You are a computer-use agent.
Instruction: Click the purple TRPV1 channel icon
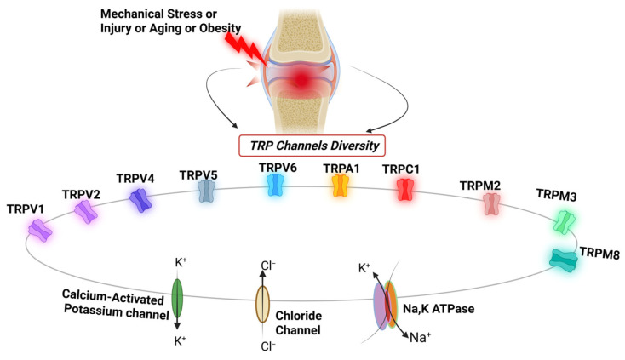pyautogui.click(x=40, y=231)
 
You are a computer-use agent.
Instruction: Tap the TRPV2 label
pyautogui.click(x=81, y=194)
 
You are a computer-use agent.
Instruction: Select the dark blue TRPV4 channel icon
pyautogui.click(x=140, y=200)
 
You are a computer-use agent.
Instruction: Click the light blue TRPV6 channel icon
pyautogui.click(x=275, y=185)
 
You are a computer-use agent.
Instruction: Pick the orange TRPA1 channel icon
pyautogui.click(x=341, y=186)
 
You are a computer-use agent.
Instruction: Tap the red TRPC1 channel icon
pyautogui.click(x=405, y=190)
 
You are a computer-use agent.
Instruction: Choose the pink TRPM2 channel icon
pyautogui.click(x=491, y=204)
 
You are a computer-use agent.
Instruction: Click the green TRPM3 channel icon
pyautogui.click(x=565, y=222)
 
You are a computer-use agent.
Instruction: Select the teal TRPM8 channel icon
pyautogui.click(x=563, y=260)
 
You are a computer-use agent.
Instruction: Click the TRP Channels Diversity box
pyautogui.click(x=312, y=146)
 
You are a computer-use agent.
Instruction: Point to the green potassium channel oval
pyautogui.click(x=177, y=299)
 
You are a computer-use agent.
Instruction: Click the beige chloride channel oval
pyautogui.click(x=262, y=304)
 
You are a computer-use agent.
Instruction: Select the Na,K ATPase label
pyautogui.click(x=439, y=309)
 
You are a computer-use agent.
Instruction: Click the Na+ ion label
pyautogui.click(x=420, y=337)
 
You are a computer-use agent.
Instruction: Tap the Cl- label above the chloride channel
pyautogui.click(x=268, y=266)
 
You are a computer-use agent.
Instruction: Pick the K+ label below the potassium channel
pyautogui.click(x=181, y=341)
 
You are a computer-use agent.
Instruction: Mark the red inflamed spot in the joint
pyautogui.click(x=301, y=81)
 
